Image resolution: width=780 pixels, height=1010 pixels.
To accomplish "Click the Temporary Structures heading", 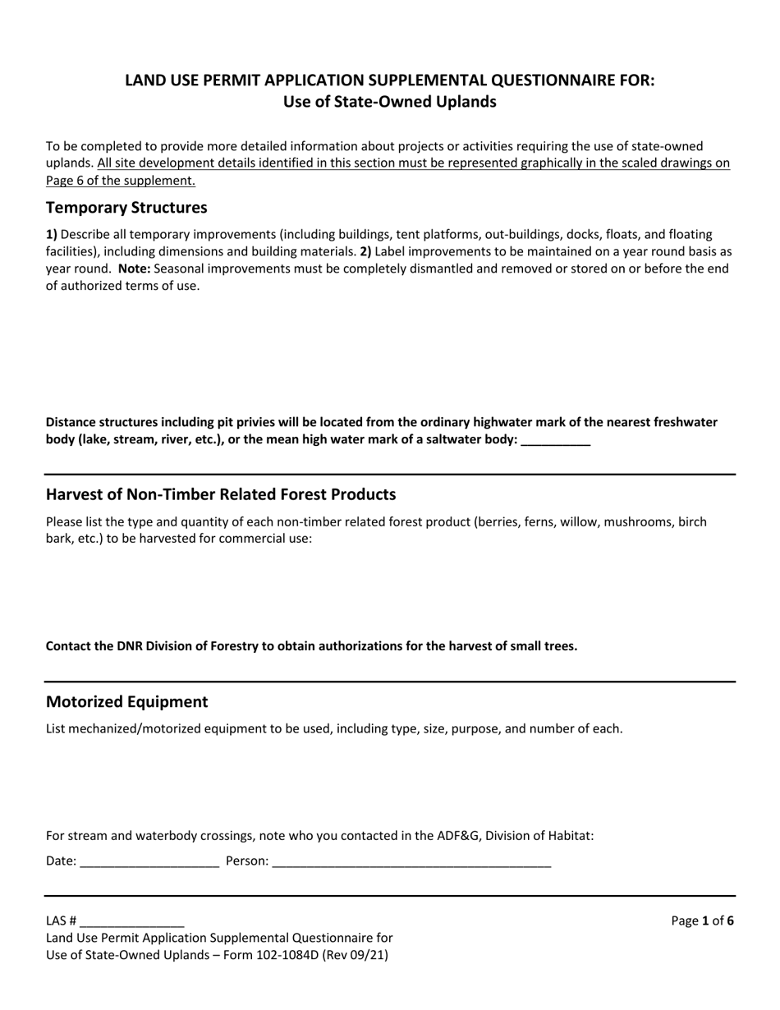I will pos(126,207).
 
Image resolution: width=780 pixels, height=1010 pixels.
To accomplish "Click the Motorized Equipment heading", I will pos(126,702).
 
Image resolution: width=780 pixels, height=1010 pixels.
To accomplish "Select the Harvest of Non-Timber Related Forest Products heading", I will pos(221,494).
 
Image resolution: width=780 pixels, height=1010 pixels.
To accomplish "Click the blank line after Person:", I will pos(411,862).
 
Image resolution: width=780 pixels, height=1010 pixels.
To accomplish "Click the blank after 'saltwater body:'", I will pos(556,440).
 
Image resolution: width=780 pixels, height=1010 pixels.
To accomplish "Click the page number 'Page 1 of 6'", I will pos(702,921).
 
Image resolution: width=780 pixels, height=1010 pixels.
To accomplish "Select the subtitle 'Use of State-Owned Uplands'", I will pos(389,103).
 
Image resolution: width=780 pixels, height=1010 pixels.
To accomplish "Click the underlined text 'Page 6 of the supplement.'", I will pos(121,181).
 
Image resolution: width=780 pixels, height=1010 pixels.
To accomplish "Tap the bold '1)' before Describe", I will pos(52,235).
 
